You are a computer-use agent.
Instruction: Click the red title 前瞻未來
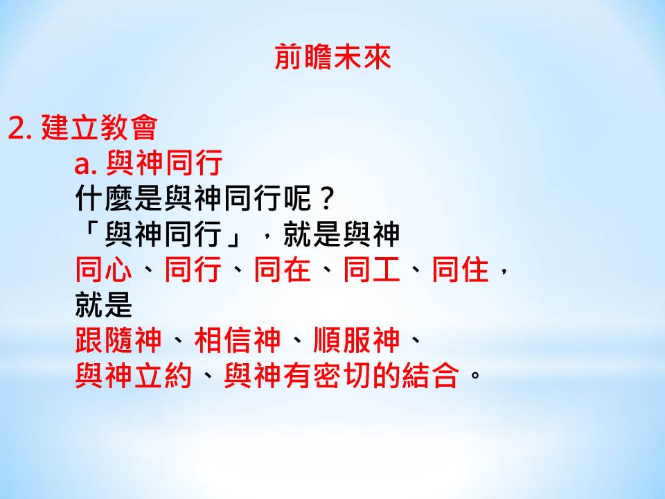coord(332,57)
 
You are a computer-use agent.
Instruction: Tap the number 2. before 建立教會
coord(20,128)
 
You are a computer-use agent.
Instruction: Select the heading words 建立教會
coord(99,127)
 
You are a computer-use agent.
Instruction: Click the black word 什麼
coord(104,198)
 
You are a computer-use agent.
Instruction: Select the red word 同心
coord(103,270)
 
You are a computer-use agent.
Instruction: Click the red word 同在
coord(282,270)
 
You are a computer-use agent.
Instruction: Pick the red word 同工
coord(371,270)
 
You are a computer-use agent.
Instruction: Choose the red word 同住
coord(461,270)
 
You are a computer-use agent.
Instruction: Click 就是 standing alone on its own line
coord(103,305)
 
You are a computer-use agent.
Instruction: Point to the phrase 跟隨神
coord(118,340)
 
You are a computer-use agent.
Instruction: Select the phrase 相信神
coord(238,340)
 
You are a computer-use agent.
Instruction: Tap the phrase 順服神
coord(356,340)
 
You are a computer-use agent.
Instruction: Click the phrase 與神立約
coord(133,375)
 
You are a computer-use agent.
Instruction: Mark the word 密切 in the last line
coord(342,375)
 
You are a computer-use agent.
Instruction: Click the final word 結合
coord(430,375)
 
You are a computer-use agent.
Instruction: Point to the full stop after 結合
coord(475,375)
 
